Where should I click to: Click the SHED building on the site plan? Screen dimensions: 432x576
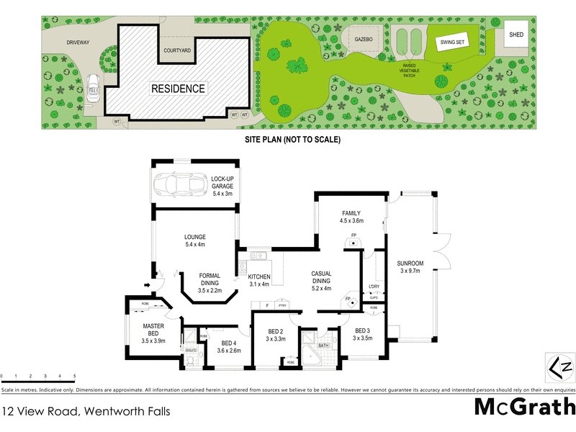(515, 34)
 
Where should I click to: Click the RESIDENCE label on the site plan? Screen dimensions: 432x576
(178, 89)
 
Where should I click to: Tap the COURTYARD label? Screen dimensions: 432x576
(176, 50)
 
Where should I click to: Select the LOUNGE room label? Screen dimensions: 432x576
(194, 236)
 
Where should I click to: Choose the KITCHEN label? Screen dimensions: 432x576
(258, 276)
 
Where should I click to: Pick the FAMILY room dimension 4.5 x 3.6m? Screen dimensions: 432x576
(351, 220)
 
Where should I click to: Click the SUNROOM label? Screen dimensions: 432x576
(410, 263)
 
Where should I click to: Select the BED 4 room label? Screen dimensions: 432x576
(228, 343)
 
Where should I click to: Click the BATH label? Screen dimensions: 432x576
(323, 345)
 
